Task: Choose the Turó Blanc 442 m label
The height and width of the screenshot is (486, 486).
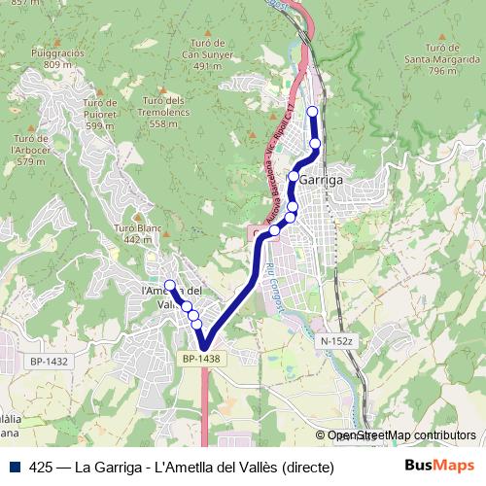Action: pyautogui.click(x=136, y=233)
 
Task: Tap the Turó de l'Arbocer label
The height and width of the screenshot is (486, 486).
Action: pyautogui.click(x=31, y=150)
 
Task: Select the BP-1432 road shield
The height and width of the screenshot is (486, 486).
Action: pyautogui.click(x=49, y=362)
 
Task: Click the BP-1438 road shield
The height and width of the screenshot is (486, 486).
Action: pyautogui.click(x=201, y=360)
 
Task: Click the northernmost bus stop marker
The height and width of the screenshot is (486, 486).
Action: pyautogui.click(x=312, y=112)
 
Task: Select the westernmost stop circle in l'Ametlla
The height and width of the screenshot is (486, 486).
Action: pyautogui.click(x=170, y=286)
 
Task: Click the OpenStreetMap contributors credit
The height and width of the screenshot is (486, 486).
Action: pyautogui.click(x=401, y=435)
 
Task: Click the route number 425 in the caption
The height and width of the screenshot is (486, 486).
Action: pyautogui.click(x=41, y=467)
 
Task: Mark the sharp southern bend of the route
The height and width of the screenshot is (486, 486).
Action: pyautogui.click(x=205, y=345)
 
